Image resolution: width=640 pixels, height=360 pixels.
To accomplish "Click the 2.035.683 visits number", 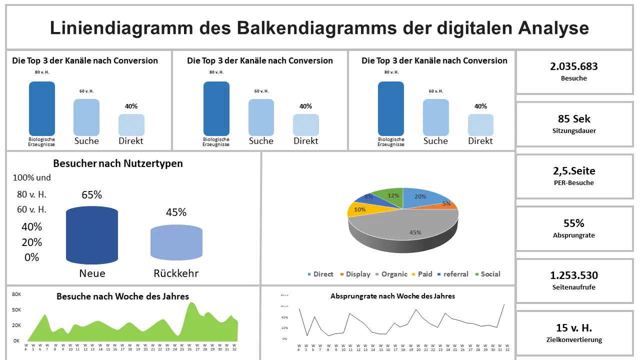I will [573, 66].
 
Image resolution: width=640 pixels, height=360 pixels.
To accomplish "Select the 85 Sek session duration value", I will [574, 119].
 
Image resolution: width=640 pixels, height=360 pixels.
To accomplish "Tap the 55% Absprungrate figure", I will [573, 223].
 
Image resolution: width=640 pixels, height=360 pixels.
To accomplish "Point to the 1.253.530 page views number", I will [573, 275].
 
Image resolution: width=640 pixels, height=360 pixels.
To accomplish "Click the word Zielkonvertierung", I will [573, 340].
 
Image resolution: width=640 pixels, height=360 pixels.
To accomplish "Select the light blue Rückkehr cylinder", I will [176, 243].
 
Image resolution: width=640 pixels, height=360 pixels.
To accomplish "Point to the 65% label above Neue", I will [92, 195].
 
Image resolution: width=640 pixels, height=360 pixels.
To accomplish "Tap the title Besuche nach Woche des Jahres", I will [122, 296].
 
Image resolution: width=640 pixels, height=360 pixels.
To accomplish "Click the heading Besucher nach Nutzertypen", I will [118, 163].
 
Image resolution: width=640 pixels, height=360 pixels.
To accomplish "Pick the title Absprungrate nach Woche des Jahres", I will [392, 296].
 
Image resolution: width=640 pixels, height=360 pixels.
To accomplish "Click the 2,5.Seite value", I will [573, 171].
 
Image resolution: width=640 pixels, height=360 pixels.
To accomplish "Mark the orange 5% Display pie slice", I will [446, 204].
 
